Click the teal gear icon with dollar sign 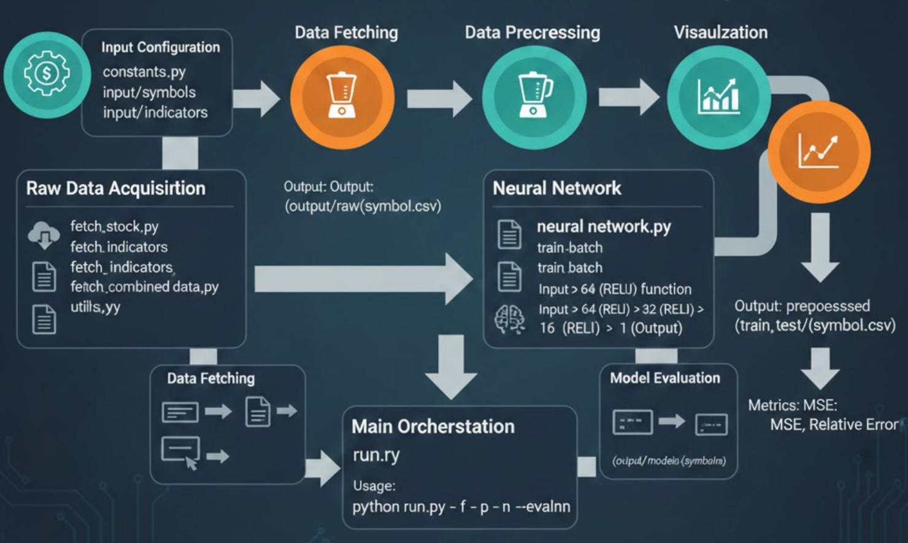click(47, 74)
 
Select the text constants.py click(144, 72)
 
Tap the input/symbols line click(149, 92)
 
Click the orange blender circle click(342, 96)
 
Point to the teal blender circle click(534, 96)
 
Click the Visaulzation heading click(720, 32)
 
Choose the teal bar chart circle click(718, 96)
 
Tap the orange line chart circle click(819, 151)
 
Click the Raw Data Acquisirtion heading click(115, 188)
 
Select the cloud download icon click(44, 235)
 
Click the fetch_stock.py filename click(114, 226)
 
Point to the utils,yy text click(95, 306)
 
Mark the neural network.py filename click(604, 227)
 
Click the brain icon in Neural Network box click(510, 319)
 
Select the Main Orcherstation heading click(433, 427)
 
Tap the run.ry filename click(376, 455)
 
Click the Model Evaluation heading click(664, 378)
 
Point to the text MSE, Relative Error click(834, 424)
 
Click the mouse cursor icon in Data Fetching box click(191, 463)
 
